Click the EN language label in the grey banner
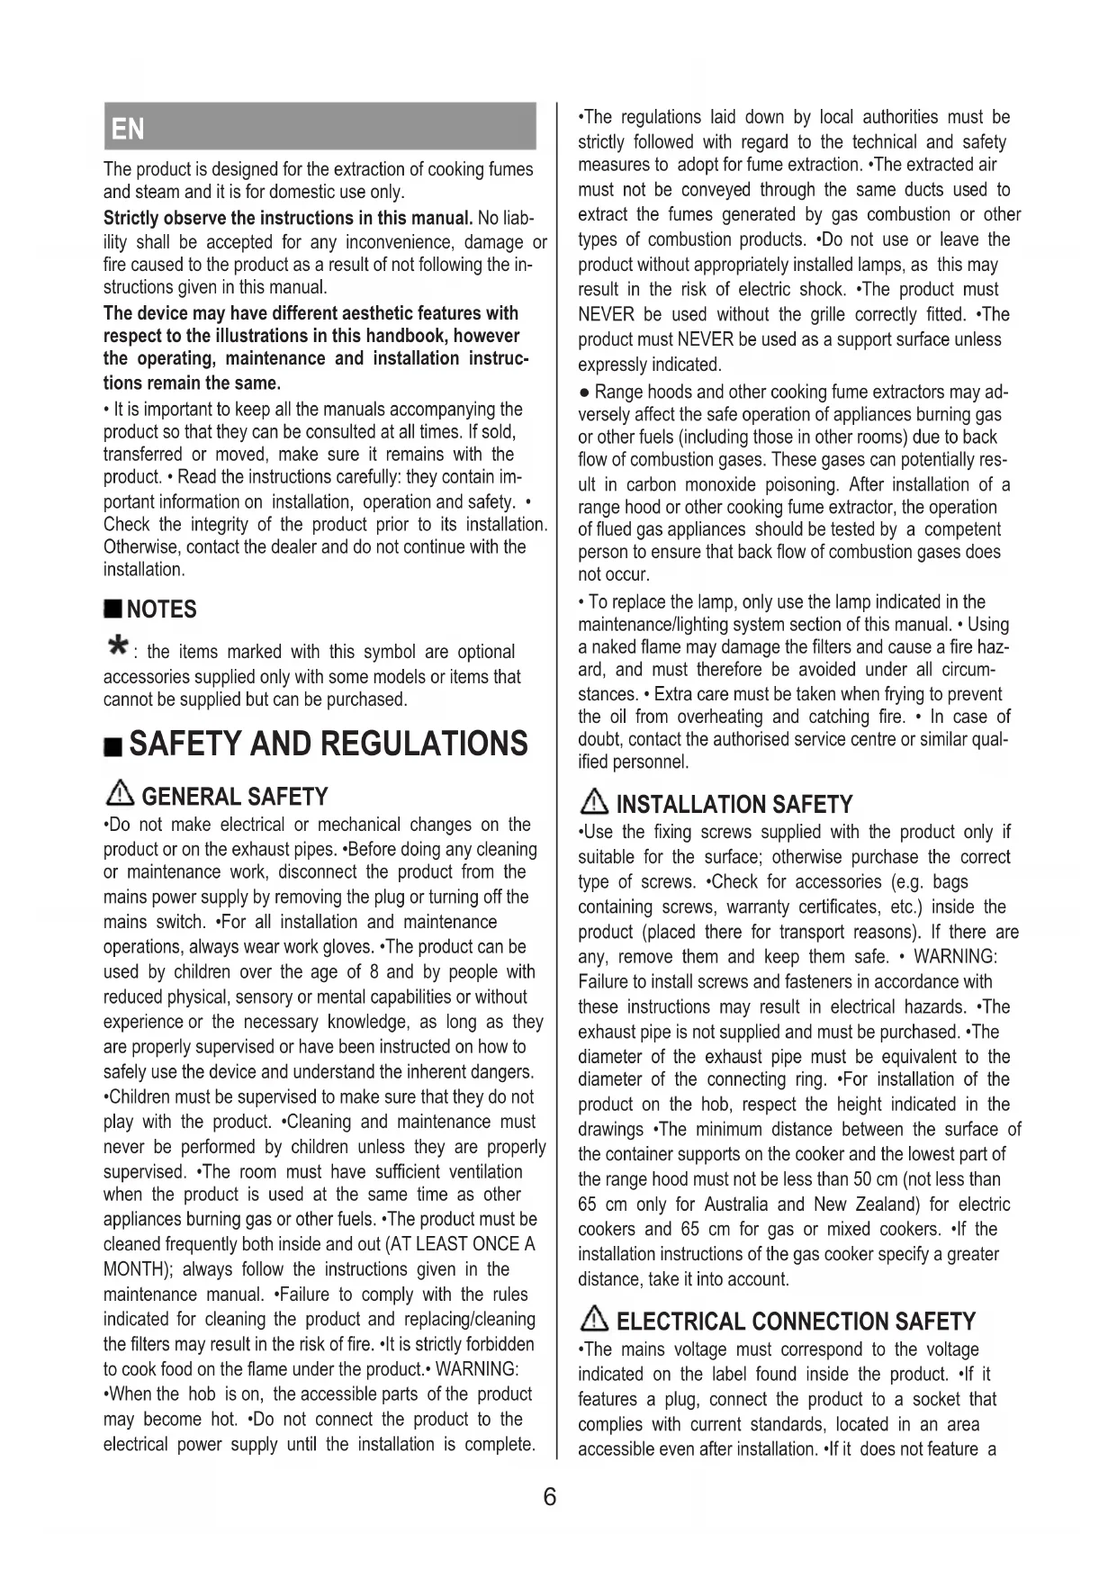128,130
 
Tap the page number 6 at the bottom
550,1497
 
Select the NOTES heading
161,609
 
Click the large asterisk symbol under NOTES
116,645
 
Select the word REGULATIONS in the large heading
424,744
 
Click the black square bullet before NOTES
113,610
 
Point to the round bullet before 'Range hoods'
584,392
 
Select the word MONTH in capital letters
132,1269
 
